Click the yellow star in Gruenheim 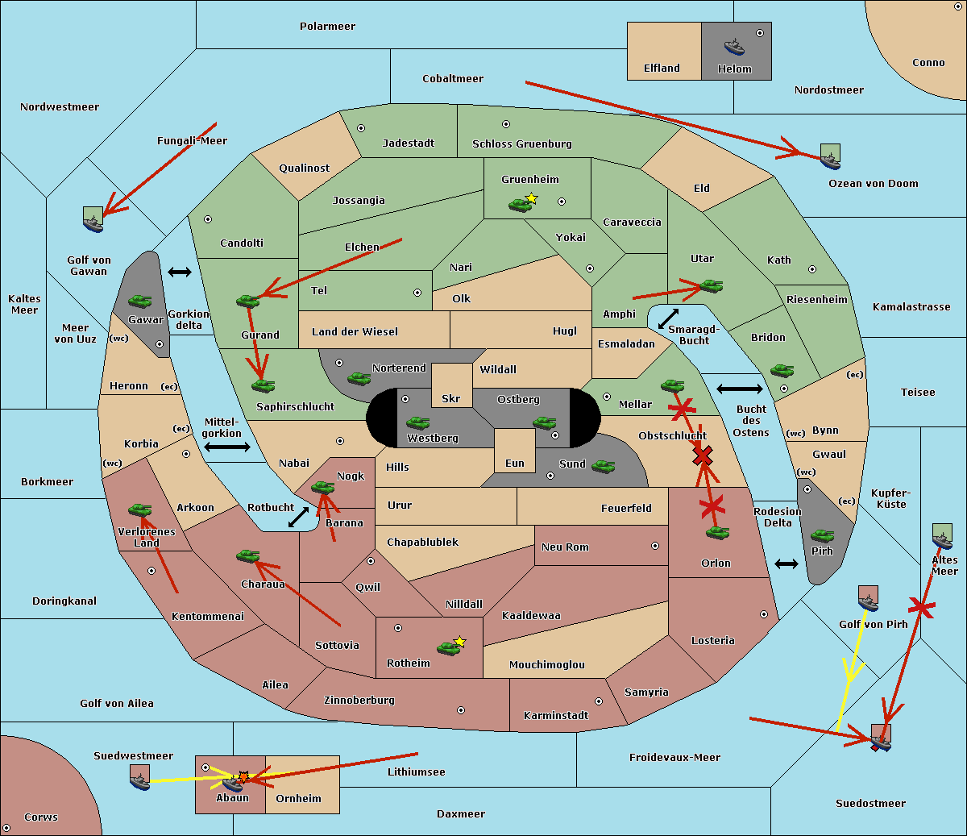pos(531,198)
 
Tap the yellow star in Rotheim pos(459,642)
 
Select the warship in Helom pos(734,46)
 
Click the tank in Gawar pos(140,301)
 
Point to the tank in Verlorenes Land pos(139,510)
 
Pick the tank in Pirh pos(822,536)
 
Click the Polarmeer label pos(327,27)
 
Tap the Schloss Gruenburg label pos(521,144)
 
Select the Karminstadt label pos(556,716)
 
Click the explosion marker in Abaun pos(243,777)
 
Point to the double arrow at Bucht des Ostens pos(739,389)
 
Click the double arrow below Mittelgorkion pos(227,447)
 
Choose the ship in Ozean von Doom pos(830,156)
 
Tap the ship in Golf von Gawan pos(93,219)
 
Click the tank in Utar pos(711,285)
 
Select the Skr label pos(451,399)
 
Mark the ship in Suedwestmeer pos(139,777)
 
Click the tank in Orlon pos(717,533)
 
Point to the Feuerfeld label pos(626,509)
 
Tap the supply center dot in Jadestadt pos(361,127)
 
